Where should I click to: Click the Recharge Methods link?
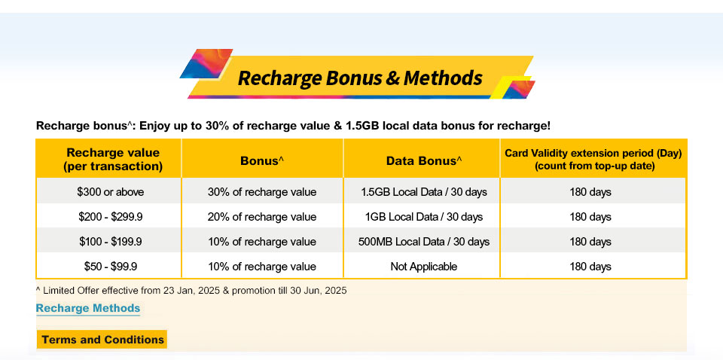(87, 308)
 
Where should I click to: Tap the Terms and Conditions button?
(102, 340)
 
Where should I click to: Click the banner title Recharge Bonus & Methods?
(360, 78)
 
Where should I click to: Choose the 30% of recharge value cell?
(262, 192)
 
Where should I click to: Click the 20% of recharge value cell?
(262, 217)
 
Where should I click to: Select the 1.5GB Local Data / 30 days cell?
(424, 192)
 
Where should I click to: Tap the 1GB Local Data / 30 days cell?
(424, 217)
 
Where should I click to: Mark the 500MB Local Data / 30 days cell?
(424, 242)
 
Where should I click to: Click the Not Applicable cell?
(424, 267)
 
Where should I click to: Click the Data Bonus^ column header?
(424, 160)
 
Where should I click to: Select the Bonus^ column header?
(262, 160)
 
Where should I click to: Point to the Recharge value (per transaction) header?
(113, 160)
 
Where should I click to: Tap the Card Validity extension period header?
(593, 160)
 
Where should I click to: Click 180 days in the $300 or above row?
(590, 192)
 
